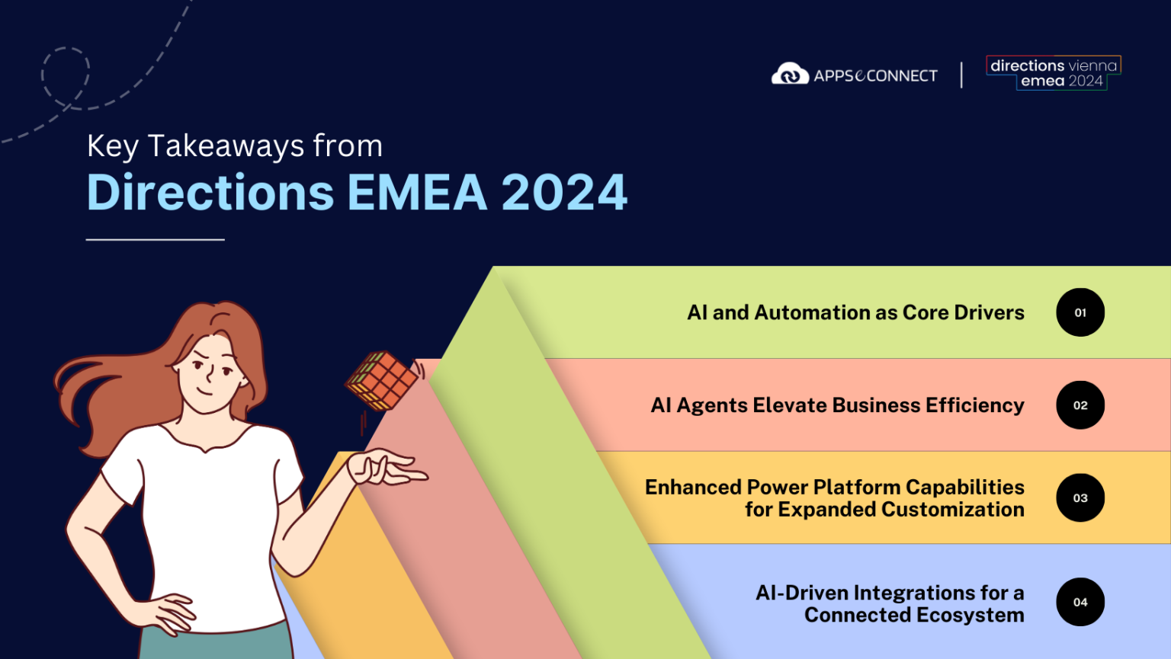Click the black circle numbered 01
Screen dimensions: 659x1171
point(1080,312)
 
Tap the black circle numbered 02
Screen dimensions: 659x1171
point(1080,405)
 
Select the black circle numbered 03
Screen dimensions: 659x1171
point(1080,498)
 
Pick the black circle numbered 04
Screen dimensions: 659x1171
point(1080,602)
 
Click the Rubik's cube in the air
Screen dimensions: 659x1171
point(383,380)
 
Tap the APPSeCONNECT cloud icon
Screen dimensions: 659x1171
point(790,74)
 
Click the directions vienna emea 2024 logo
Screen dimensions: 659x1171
point(1054,73)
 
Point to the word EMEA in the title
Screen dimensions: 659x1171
point(417,193)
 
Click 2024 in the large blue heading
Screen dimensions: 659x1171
point(564,193)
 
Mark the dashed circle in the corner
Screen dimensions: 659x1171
point(66,77)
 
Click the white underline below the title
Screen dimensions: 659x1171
point(156,240)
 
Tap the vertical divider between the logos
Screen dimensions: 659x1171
point(961,75)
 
